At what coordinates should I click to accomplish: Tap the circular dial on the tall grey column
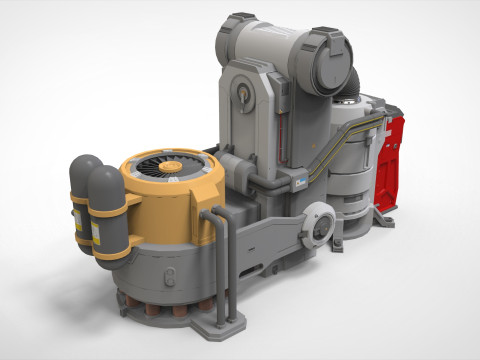pyautogui.click(x=241, y=96)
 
